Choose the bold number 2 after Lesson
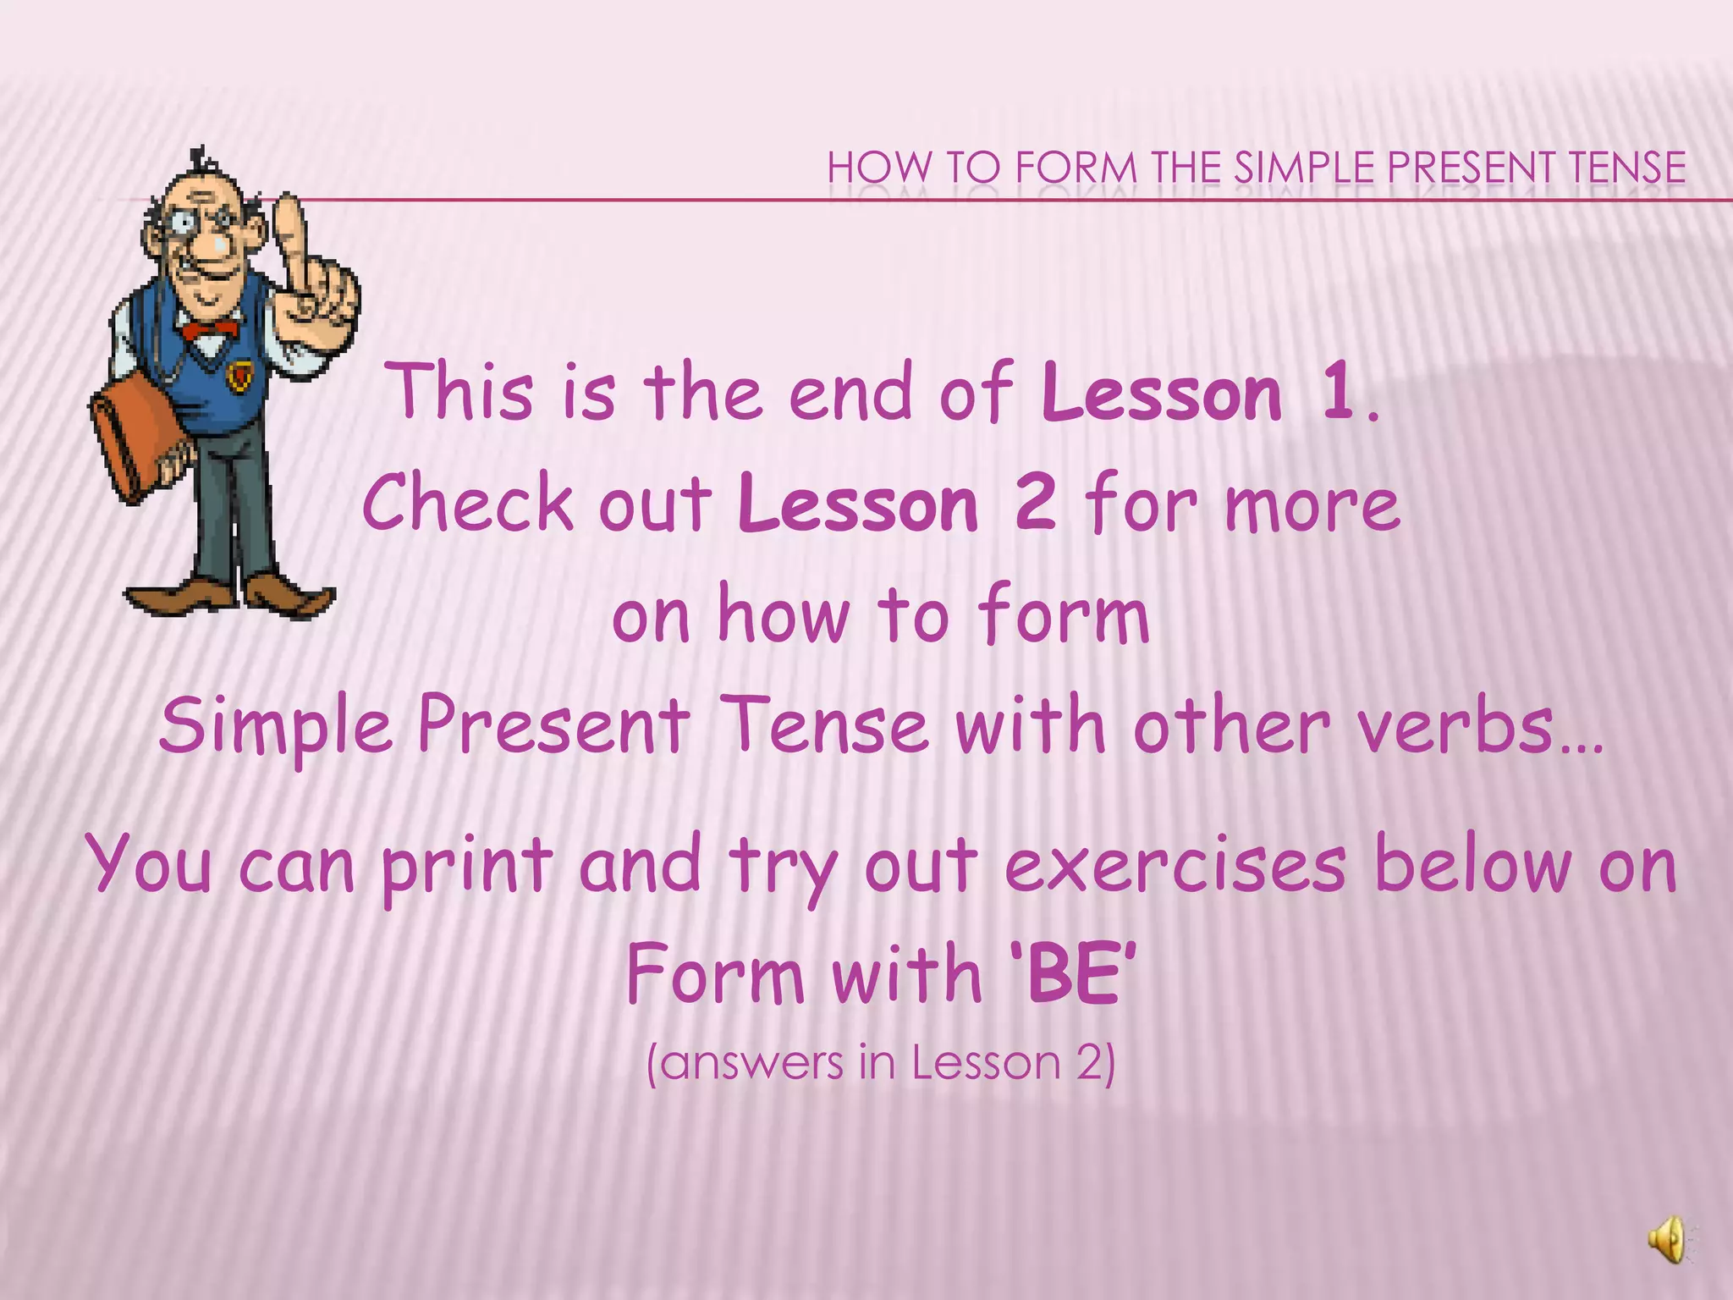point(1035,504)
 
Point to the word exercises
point(1175,865)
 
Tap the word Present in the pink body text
point(553,726)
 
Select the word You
point(149,865)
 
